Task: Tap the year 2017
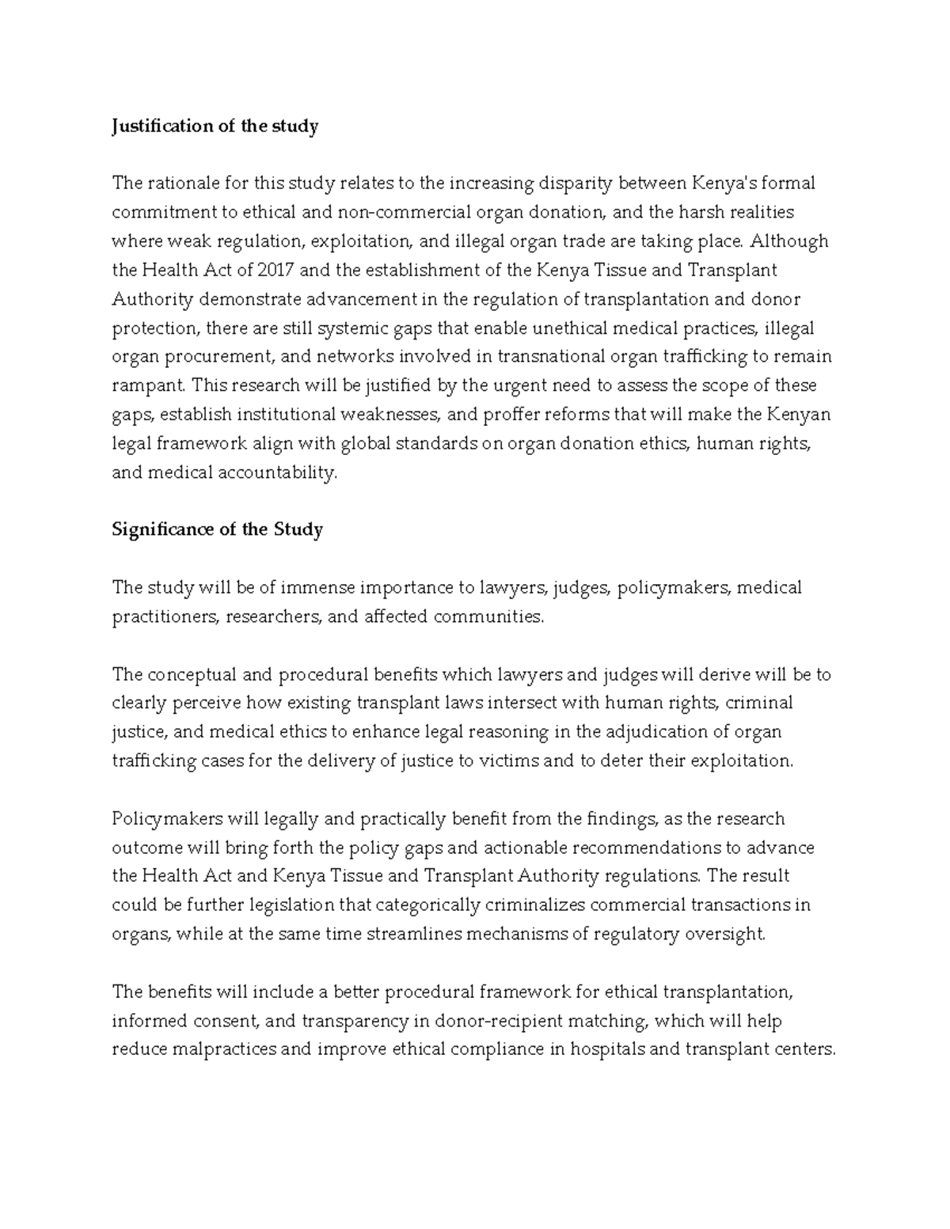click(x=276, y=270)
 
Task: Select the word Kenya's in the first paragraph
click(x=724, y=184)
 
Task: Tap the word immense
click(x=317, y=587)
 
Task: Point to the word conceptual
click(x=191, y=674)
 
